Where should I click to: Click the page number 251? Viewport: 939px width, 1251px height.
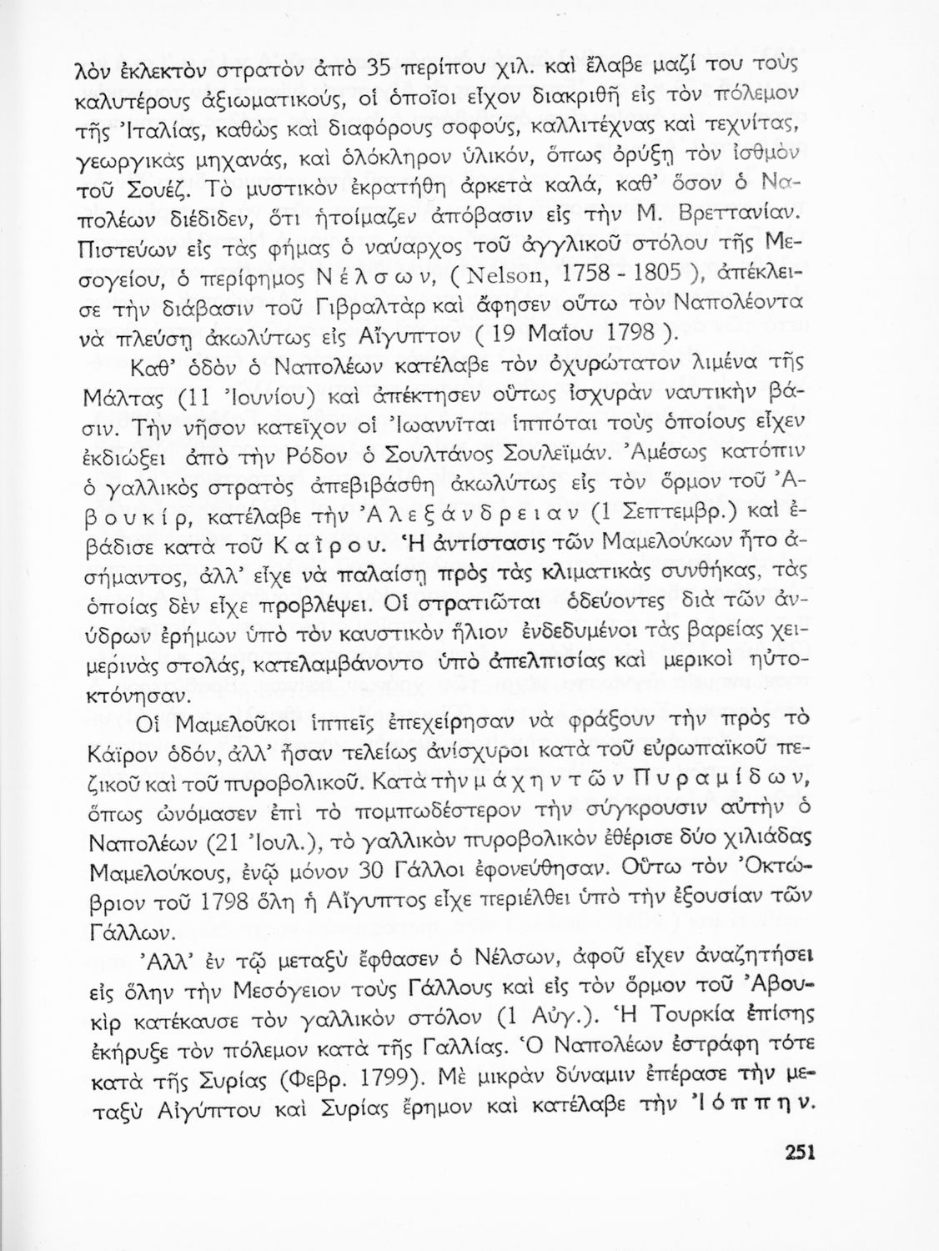(x=798, y=1153)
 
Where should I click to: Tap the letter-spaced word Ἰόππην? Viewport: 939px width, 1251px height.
(x=740, y=1106)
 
